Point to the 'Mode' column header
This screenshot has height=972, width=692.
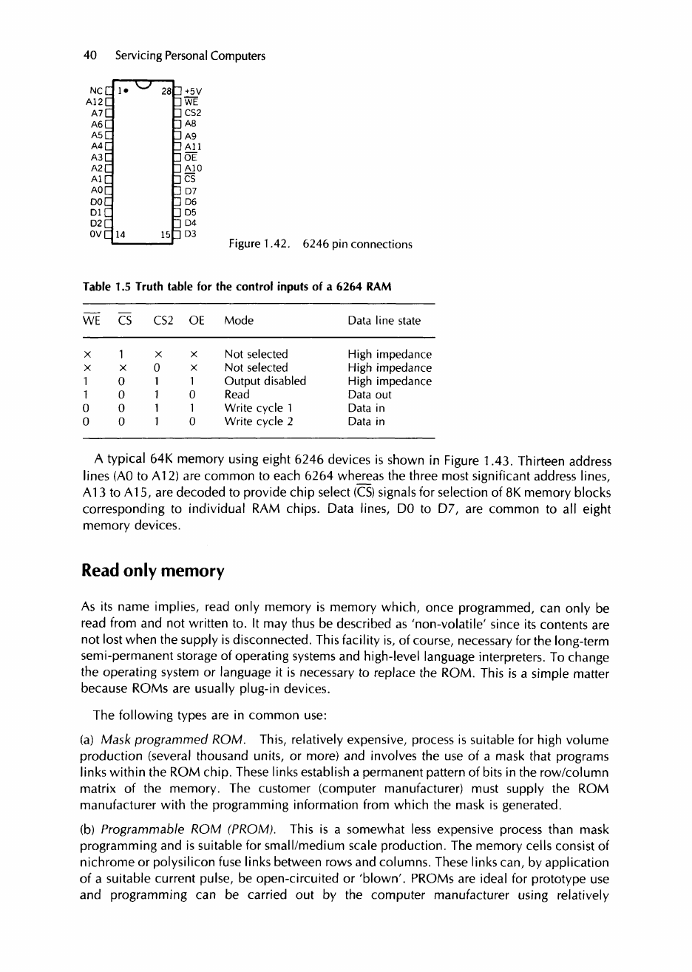pos(239,321)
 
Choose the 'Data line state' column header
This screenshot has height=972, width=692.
pos(384,321)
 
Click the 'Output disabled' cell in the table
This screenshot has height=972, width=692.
pos(265,381)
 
